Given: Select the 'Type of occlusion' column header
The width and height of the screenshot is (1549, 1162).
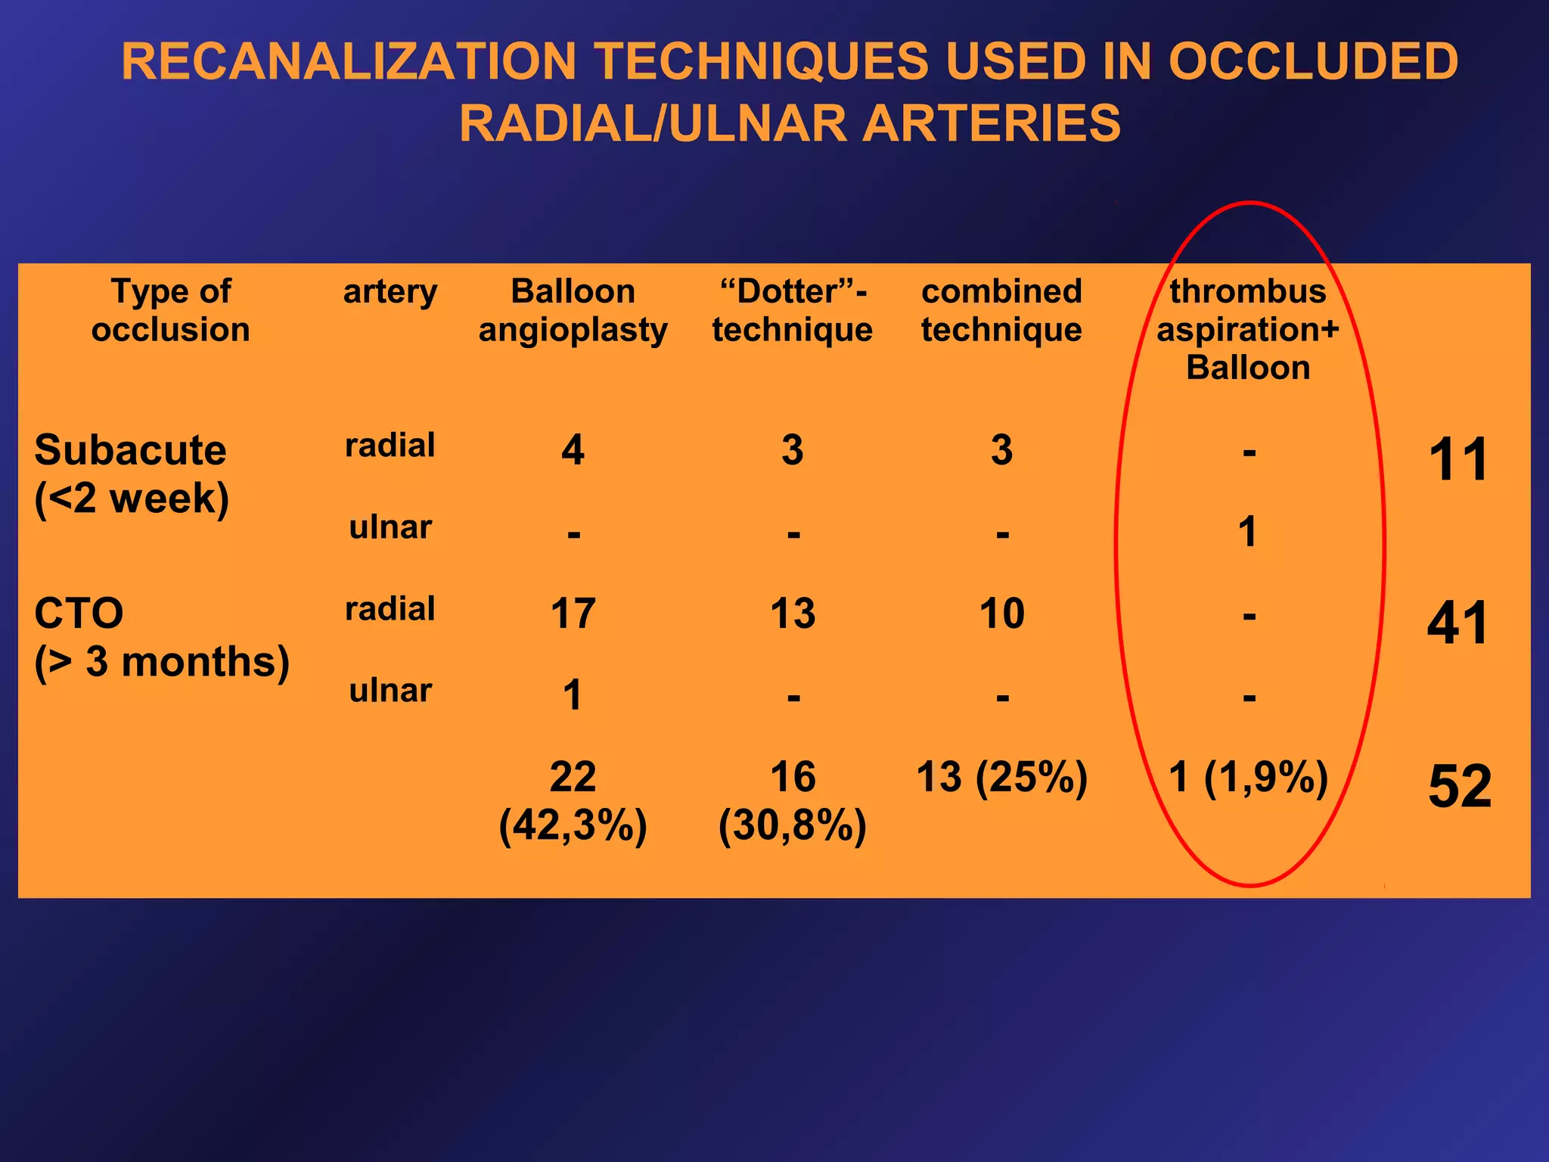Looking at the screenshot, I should [171, 310].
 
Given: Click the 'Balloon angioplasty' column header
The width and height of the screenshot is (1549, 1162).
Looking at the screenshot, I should [573, 310].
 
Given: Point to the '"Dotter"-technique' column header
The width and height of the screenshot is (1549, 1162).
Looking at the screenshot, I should [792, 310].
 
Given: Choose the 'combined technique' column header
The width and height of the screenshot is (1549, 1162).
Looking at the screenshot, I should [1001, 310].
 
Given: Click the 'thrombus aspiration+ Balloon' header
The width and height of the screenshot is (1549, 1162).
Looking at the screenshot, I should [1248, 329].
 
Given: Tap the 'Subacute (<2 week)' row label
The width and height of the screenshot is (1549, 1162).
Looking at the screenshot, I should [131, 474].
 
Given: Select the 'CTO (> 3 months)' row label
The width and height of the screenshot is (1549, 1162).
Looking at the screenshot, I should [161, 637].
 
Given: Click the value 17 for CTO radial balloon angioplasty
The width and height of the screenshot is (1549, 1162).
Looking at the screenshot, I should [573, 614].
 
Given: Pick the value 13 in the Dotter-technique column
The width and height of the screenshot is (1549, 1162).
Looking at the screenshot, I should [792, 614].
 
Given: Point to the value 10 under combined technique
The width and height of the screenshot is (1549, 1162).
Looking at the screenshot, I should [1001, 614].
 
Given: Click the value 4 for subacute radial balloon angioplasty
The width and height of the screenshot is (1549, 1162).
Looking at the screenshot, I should [573, 450].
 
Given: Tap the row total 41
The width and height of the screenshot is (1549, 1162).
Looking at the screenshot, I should [1457, 623].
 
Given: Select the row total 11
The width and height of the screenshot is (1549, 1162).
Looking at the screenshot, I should [1458, 460].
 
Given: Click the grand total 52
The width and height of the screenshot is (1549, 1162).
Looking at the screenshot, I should [1459, 787].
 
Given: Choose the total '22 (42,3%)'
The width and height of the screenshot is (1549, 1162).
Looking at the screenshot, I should [573, 800].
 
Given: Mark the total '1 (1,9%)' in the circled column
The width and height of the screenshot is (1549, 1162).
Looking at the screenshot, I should [1248, 777].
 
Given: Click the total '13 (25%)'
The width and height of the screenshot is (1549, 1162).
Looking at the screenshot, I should [1001, 777].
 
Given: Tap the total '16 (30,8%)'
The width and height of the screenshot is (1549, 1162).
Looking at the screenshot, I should [792, 800].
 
